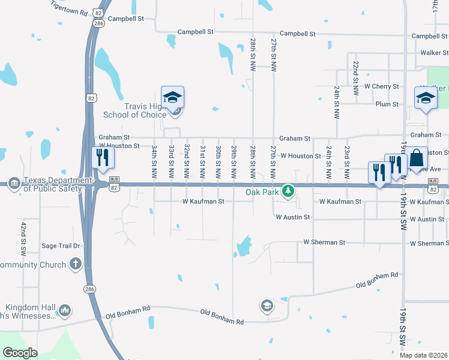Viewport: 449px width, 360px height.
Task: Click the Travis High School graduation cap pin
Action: pyautogui.click(x=172, y=98)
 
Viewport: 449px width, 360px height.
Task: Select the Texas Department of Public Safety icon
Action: pyautogui.click(x=15, y=185)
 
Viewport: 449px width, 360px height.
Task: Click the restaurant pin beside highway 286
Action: pyautogui.click(x=103, y=158)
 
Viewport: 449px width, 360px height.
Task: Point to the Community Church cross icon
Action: pyautogui.click(x=75, y=263)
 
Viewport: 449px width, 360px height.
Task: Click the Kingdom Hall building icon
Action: pyautogui.click(x=64, y=310)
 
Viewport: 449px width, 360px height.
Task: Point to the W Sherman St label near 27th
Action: pyautogui.click(x=324, y=242)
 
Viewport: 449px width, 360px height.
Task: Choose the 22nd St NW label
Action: pyautogui.click(x=355, y=79)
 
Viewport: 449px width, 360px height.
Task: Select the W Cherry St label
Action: pyautogui.click(x=381, y=86)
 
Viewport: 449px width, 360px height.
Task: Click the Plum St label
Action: pyautogui.click(x=387, y=104)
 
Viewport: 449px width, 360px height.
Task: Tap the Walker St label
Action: pyautogui.click(x=435, y=53)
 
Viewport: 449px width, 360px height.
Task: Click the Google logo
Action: pyautogui.click(x=20, y=353)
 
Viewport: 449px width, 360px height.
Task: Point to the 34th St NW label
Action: pyautogui.click(x=154, y=156)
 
